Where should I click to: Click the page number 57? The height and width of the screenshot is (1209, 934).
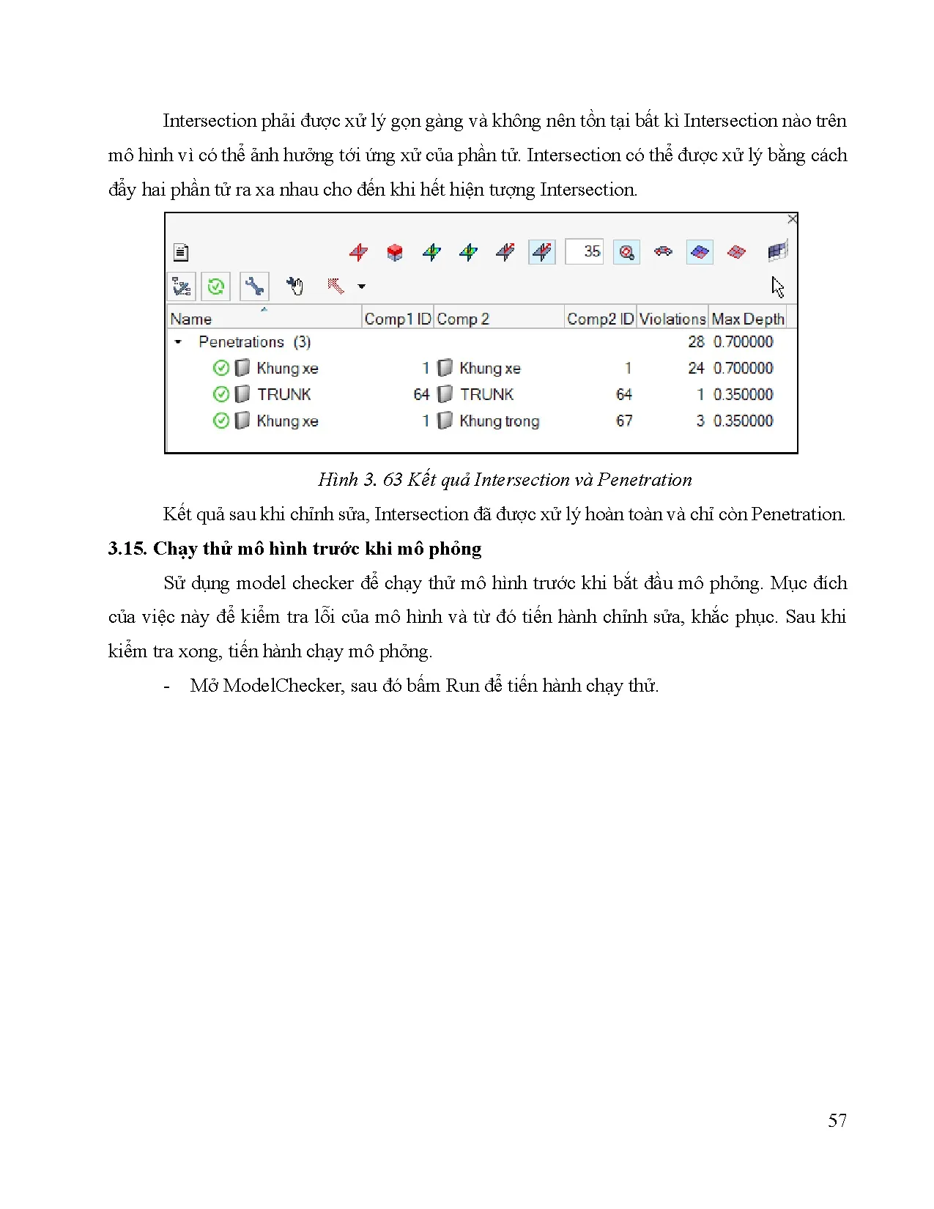pyautogui.click(x=837, y=1120)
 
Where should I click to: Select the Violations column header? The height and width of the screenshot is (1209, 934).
pyautogui.click(x=672, y=319)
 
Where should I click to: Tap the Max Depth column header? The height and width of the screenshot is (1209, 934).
pyautogui.click(x=747, y=319)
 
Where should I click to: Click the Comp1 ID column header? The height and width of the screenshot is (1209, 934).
pyautogui.click(x=397, y=319)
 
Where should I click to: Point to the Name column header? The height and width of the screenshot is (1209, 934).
pyautogui.click(x=190, y=319)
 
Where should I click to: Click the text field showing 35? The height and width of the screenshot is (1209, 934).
pyautogui.click(x=584, y=251)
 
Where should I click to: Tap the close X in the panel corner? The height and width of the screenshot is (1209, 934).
pyautogui.click(x=792, y=219)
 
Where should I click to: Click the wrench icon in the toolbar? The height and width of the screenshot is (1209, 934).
pyautogui.click(x=254, y=286)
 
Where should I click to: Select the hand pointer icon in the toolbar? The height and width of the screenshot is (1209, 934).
pyautogui.click(x=294, y=286)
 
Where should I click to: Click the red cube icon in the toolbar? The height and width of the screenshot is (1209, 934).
pyautogui.click(x=394, y=253)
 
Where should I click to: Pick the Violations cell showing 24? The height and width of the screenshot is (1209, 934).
pyautogui.click(x=696, y=368)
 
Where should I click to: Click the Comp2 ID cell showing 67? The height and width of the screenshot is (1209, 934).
pyautogui.click(x=623, y=421)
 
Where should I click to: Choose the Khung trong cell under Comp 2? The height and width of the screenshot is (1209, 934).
pyautogui.click(x=499, y=421)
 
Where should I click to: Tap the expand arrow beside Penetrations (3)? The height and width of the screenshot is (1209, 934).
pyautogui.click(x=178, y=341)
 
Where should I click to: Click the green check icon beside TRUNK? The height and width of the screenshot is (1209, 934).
pyautogui.click(x=220, y=394)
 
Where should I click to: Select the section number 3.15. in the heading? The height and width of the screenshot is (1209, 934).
pyautogui.click(x=127, y=549)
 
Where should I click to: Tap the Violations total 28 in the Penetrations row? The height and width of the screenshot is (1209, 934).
pyautogui.click(x=696, y=341)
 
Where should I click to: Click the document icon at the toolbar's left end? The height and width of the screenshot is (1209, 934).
pyautogui.click(x=181, y=253)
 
